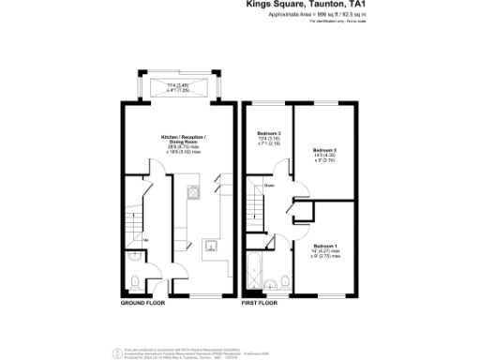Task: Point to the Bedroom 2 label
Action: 324,153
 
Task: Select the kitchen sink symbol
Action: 212,247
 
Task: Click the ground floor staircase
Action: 134,211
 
